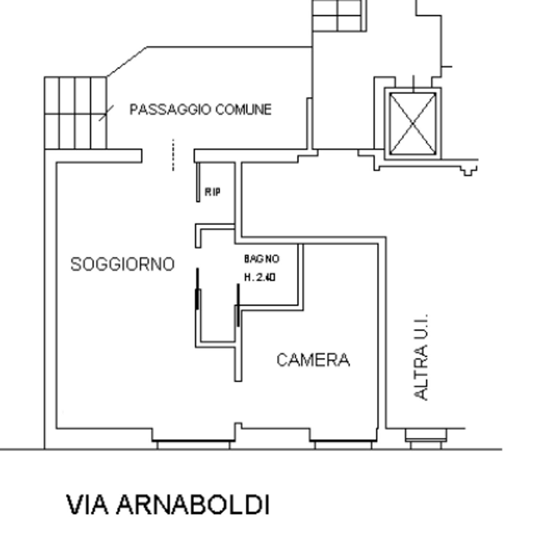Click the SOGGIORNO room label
coord(122,264)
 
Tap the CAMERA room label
coord(313,360)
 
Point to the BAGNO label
coord(262,259)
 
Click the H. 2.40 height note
coord(260,277)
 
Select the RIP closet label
coord(213,192)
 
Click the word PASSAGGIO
coord(170,109)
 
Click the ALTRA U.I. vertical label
coord(421,357)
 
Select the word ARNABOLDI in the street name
coord(193,504)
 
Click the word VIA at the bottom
coord(88,504)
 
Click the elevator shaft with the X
coord(413,123)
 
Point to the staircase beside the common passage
coord(75,113)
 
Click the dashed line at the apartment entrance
coord(173,155)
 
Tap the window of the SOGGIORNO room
coord(194,444)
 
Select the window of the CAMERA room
coord(343,444)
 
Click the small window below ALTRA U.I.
coord(426,439)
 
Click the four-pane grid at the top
coord(339,16)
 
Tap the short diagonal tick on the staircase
coord(106,113)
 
